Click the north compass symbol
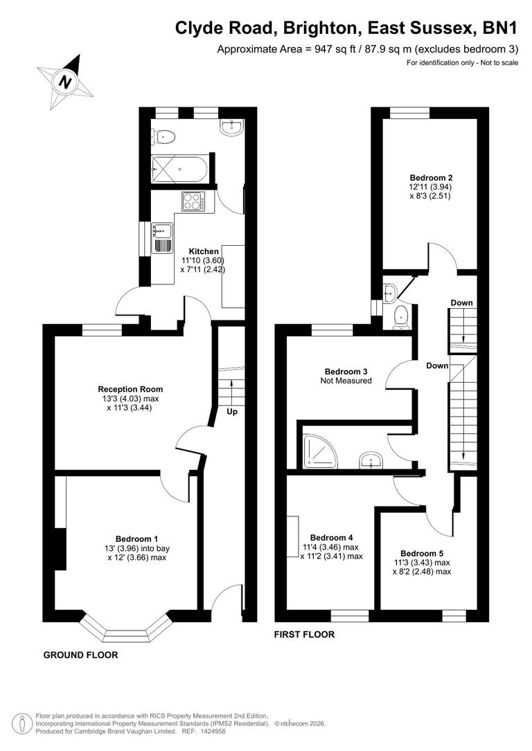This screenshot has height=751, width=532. (65, 82)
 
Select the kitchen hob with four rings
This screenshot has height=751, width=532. (193, 201)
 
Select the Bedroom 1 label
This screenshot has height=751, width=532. (136, 539)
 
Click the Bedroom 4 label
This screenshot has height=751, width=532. (331, 537)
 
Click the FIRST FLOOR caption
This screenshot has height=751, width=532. (304, 634)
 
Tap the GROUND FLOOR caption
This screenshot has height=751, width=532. (80, 655)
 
